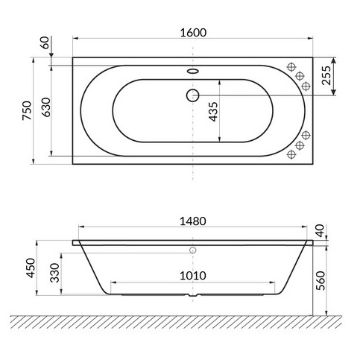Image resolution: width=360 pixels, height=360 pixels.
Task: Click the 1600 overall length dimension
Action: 192,33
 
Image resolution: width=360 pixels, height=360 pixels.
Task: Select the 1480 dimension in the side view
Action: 192,221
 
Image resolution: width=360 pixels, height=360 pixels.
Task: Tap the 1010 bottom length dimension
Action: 192,275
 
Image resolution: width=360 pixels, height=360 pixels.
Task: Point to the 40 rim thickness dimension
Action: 320,232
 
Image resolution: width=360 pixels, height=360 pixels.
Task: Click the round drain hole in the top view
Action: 193,95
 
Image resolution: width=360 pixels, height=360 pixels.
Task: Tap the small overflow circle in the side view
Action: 193,251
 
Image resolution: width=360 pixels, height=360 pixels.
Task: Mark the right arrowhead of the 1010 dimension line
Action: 274,282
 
